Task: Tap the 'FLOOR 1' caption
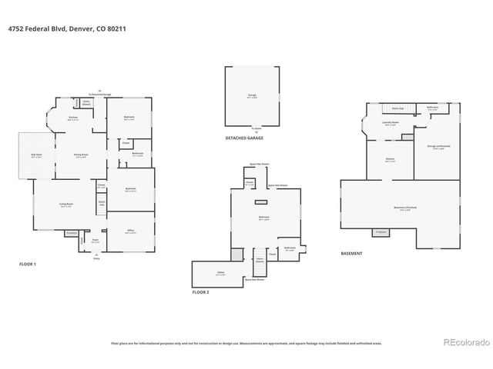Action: [x=28, y=264]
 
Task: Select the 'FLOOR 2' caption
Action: [x=200, y=292]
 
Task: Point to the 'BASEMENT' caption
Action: [x=351, y=253]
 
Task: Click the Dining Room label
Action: [x=80, y=155]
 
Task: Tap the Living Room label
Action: [x=65, y=204]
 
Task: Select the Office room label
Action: [x=131, y=231]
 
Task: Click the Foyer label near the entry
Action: [x=95, y=241]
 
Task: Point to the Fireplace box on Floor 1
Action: [x=72, y=232]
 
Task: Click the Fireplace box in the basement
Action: [x=380, y=231]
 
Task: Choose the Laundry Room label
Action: [x=390, y=122]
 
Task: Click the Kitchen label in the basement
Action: [x=391, y=160]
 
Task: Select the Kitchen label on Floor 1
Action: [x=73, y=118]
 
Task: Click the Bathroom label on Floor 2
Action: [x=290, y=248]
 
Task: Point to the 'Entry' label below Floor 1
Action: [x=96, y=258]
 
